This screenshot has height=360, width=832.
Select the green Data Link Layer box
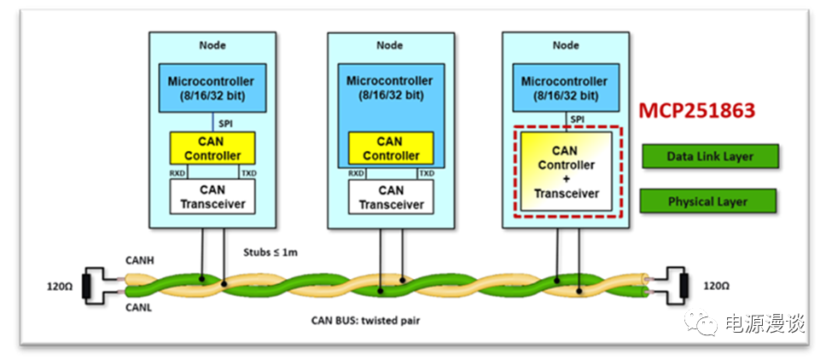click(710, 157)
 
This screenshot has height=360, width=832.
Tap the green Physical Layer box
click(707, 202)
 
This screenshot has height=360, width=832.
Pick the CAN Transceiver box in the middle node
click(391, 196)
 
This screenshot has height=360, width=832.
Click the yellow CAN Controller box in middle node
click(391, 148)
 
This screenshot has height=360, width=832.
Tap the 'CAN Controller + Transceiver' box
click(566, 172)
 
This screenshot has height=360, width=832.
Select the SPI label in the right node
click(578, 119)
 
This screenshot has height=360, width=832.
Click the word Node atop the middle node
click(391, 46)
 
